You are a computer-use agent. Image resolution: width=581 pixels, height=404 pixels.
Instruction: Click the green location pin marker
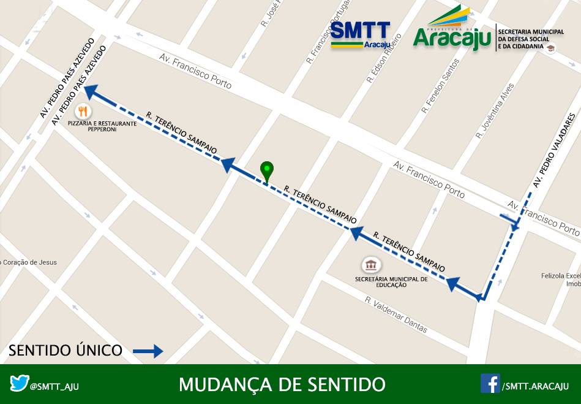pos(267,170)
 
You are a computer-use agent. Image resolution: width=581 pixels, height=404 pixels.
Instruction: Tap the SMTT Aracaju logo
pos(361,35)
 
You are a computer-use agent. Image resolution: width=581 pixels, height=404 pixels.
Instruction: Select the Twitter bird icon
pos(20,384)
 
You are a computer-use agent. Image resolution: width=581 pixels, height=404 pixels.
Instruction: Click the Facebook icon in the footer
pos(490,384)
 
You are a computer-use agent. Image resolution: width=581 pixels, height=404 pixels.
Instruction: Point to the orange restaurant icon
pos(84,112)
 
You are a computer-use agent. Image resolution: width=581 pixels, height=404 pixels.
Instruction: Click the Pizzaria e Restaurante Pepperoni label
pos(103,126)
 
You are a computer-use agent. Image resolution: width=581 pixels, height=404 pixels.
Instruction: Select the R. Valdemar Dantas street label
pos(397,315)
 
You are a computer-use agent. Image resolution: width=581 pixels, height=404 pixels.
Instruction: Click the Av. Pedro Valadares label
pos(554,151)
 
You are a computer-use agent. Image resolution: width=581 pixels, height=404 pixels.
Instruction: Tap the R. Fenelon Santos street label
pos(440,86)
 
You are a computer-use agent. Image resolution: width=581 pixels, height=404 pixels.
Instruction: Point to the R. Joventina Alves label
pos(495,111)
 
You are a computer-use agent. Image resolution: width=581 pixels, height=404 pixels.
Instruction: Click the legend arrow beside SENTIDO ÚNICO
pos(148,351)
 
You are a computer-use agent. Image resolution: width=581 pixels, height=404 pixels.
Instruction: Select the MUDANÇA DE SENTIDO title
pos(282,384)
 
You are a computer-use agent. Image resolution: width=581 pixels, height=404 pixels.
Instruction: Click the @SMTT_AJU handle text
pos(54,386)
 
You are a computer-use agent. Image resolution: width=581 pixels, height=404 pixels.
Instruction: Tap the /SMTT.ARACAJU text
pos(535,386)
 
